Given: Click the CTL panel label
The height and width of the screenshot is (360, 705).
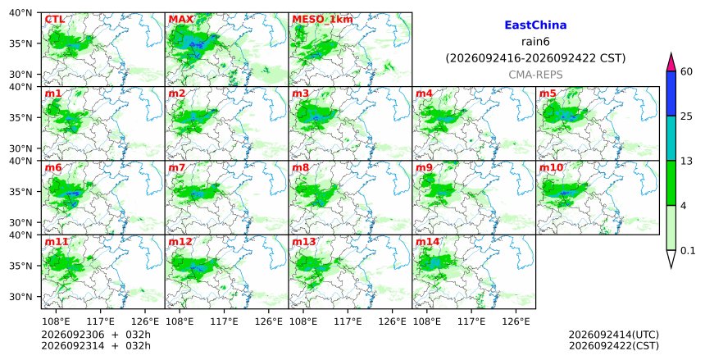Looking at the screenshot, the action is (54, 20).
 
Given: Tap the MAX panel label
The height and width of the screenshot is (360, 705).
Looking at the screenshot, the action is (180, 20).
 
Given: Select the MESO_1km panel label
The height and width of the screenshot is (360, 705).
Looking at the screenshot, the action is (322, 20).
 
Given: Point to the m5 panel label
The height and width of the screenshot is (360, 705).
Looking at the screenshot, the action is (548, 93).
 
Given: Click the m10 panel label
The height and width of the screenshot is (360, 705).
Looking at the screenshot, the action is (551, 168).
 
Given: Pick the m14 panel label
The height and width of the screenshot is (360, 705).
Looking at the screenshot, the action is (427, 242).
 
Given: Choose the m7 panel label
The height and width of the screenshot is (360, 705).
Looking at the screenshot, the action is (177, 168).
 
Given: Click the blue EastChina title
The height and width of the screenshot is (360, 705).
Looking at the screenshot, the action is (535, 25).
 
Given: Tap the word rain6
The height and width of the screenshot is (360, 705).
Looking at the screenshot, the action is (535, 42).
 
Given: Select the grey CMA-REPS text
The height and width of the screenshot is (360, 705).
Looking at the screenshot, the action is (535, 75).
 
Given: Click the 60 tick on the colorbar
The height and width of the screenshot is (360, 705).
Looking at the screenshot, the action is (686, 71).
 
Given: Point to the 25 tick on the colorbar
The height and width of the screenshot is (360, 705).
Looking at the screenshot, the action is (686, 116).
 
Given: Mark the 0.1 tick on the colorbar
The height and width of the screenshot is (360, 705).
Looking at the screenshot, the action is (688, 251).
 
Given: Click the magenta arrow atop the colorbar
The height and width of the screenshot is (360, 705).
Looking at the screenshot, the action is (671, 63).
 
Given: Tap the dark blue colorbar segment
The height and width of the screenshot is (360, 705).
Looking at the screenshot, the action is (671, 93).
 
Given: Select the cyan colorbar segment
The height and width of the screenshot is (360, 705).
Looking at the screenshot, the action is (671, 138).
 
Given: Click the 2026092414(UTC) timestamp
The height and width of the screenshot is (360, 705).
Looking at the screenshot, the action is (614, 335).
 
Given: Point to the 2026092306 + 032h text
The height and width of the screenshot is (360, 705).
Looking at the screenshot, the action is (96, 335).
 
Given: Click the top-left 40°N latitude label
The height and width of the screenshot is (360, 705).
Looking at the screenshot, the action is (20, 12).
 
